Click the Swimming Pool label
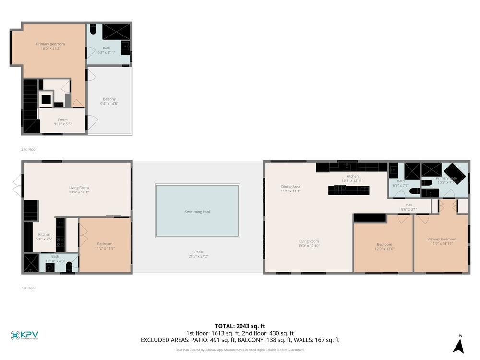pos(197,212)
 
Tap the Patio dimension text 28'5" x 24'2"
pos(198,256)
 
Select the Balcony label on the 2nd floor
pos(109,99)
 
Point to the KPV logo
pos(24,336)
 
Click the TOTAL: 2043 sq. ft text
pos(240,326)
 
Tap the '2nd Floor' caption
pos(29,149)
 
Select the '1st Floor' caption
pos(29,288)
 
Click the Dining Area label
pos(290,187)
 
